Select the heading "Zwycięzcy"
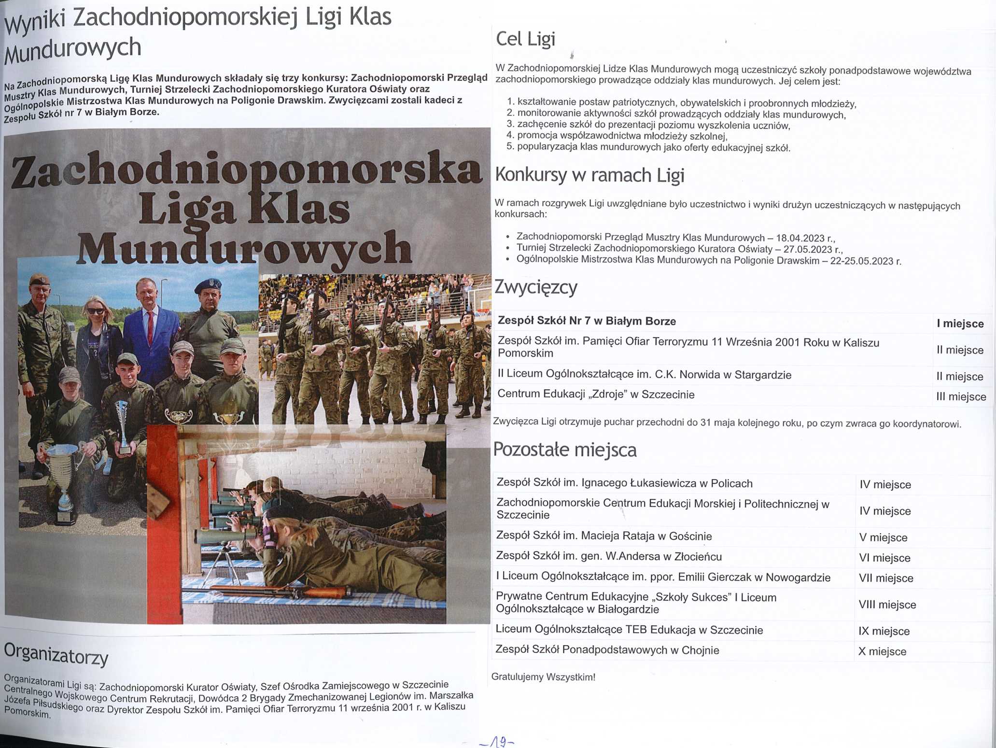pos(535,287)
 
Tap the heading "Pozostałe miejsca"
pos(564,450)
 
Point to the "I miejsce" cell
pos(960,324)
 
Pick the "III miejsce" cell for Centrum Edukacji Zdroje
pos(961,396)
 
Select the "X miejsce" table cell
pos(882,651)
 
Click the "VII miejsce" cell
pos(886,578)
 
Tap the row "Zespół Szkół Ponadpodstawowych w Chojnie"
pos(607,650)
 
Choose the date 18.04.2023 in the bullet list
pos(800,238)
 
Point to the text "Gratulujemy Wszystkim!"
pos(543,677)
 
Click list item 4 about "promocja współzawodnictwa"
pos(622,136)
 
